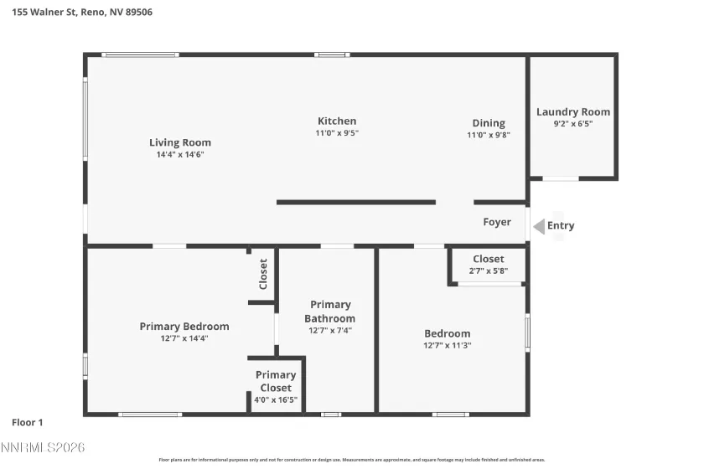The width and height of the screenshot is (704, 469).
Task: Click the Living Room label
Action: [x=180, y=142]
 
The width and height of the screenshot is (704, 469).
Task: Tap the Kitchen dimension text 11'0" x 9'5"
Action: [x=337, y=133]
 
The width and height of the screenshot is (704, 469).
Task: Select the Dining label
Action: [x=489, y=123]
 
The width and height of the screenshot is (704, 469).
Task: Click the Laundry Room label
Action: [x=573, y=112]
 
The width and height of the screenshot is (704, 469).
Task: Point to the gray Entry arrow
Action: [x=537, y=225]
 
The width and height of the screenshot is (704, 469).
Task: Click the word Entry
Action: [x=561, y=225]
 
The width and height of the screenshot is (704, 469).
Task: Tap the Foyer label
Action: [x=497, y=222]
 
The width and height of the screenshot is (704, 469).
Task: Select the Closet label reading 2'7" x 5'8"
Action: [x=489, y=260]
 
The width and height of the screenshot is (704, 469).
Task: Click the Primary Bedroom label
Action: [x=184, y=327]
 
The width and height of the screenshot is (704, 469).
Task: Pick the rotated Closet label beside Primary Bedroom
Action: [x=263, y=274]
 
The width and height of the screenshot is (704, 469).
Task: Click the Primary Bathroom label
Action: [x=330, y=312]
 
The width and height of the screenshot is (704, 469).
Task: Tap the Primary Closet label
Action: [x=276, y=381]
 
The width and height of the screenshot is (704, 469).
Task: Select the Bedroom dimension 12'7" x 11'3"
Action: [x=448, y=345]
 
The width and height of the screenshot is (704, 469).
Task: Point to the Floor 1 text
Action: [x=28, y=423]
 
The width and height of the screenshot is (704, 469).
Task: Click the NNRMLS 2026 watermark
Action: [x=43, y=449]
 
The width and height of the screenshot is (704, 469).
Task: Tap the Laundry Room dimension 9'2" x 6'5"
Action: [x=573, y=124]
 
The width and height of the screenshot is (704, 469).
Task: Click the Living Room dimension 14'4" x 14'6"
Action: [x=180, y=154]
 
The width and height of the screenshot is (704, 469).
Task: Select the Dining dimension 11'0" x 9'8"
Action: [x=489, y=135]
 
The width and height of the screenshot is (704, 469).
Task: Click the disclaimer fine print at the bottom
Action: [x=352, y=460]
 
